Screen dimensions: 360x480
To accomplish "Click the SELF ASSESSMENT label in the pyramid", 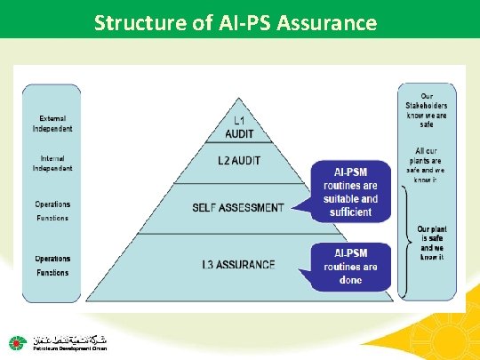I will pyautogui.click(x=238, y=208).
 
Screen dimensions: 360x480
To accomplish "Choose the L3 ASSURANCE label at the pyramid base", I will pyautogui.click(x=238, y=263).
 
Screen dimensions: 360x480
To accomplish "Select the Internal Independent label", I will pyautogui.click(x=53, y=163).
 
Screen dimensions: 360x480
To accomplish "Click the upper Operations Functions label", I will pyautogui.click(x=53, y=211).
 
